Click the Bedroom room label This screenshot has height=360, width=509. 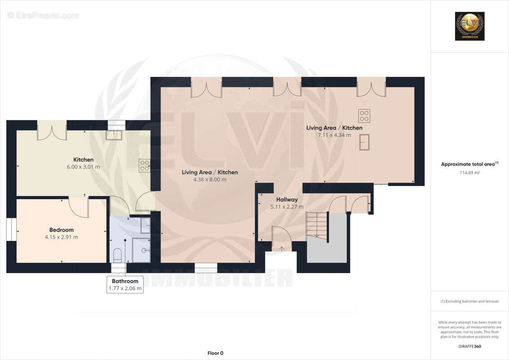click(x=61, y=230)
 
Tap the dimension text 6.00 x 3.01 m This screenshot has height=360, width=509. click(x=83, y=166)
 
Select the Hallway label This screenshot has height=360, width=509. click(x=287, y=199)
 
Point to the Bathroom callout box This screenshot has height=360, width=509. click(x=125, y=284)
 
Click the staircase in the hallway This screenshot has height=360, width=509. click(x=317, y=225)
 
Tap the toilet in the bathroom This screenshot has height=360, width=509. click(x=118, y=254)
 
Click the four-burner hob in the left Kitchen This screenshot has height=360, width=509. click(x=144, y=166)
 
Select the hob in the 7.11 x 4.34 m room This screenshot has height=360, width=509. click(x=364, y=116)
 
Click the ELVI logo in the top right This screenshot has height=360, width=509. click(x=469, y=26)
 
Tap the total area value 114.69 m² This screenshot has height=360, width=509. click(x=469, y=172)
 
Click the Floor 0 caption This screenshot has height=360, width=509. click(x=215, y=353)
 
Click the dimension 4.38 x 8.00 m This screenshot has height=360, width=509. click(x=210, y=179)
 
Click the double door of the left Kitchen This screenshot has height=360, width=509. click(x=52, y=130)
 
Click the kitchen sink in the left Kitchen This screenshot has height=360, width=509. click(x=114, y=135)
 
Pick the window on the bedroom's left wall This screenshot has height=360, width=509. click(x=11, y=229)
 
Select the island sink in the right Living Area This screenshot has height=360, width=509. click(x=364, y=142)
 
